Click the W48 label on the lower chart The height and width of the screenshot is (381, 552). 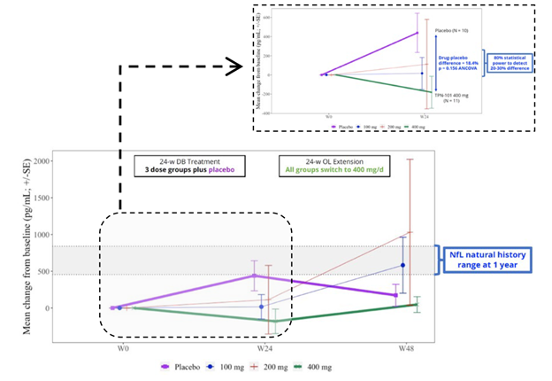[405, 348]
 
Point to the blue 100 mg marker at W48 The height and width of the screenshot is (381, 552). [402, 265]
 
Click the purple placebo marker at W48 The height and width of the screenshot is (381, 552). [395, 295]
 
